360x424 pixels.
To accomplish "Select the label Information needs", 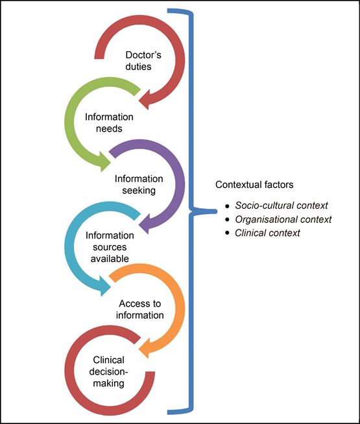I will (x=109, y=123).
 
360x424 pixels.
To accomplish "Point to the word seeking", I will (x=139, y=190).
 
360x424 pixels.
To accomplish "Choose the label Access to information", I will (x=141, y=309).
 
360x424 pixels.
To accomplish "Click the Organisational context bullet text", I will (x=283, y=219).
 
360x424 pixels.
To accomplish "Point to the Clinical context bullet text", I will (x=267, y=233).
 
